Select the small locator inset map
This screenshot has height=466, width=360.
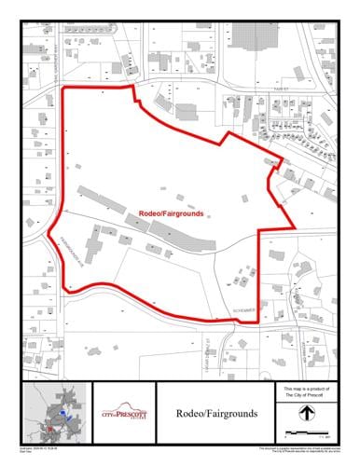coord(54,412)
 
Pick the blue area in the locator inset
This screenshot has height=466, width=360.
coord(62,410)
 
